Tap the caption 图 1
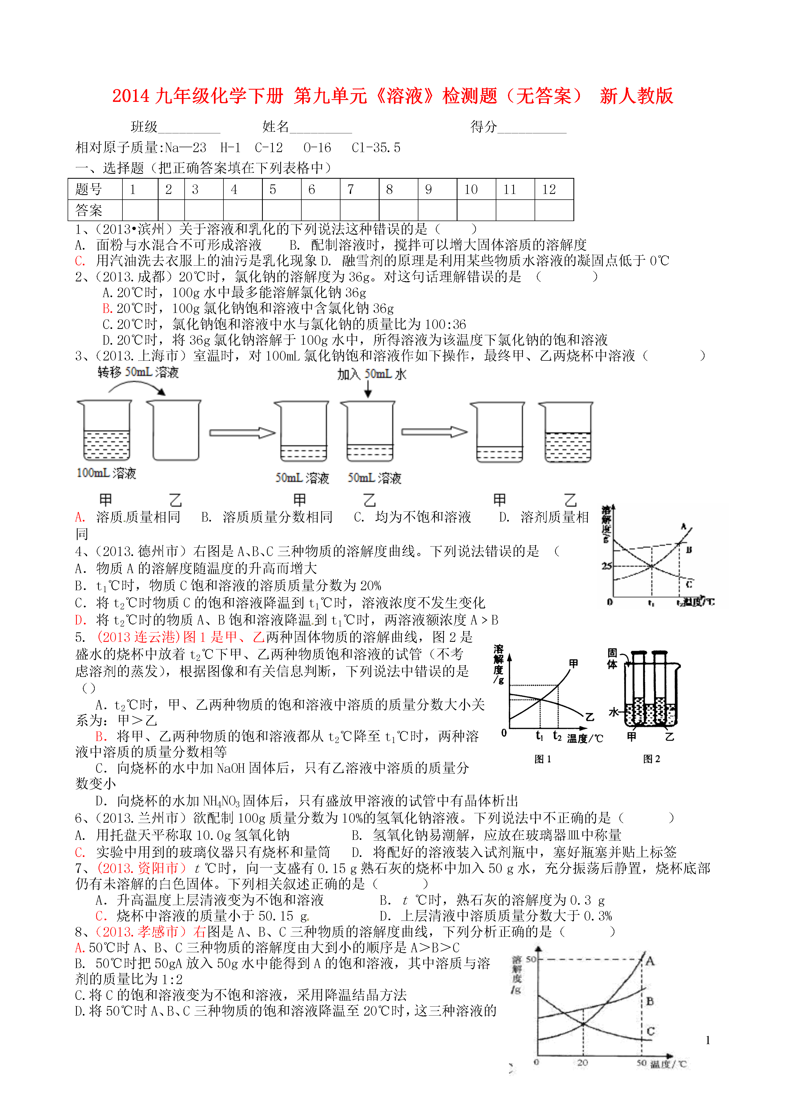point(542,759)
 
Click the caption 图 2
point(651,759)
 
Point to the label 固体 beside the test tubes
point(612,659)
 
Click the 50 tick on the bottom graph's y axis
point(531,959)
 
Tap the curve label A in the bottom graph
point(650,961)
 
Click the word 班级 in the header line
point(144,127)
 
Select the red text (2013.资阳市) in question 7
point(141,868)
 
